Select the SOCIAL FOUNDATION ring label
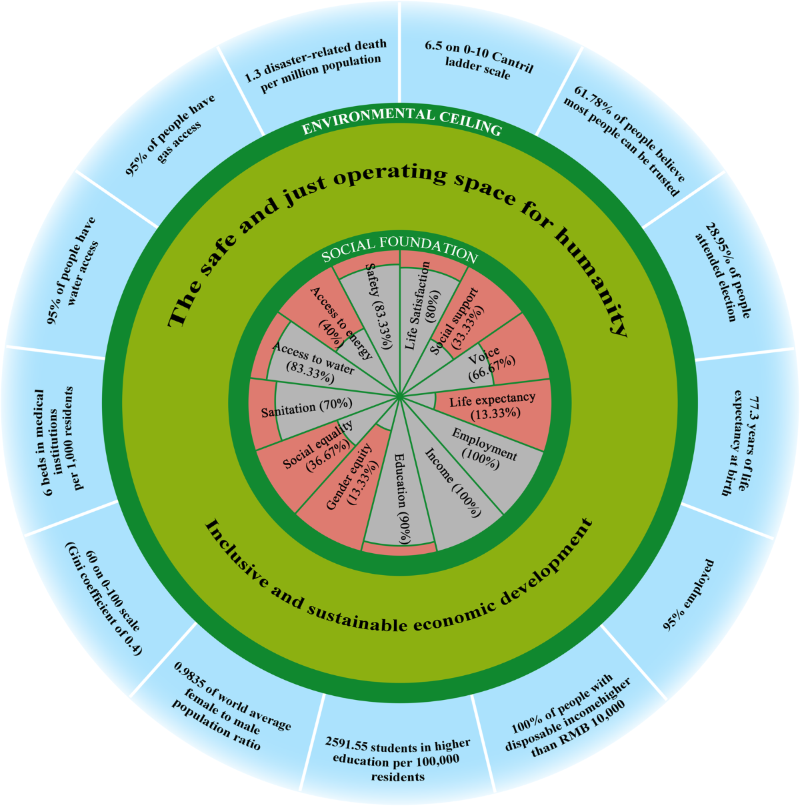point(399,248)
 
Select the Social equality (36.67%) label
point(319,449)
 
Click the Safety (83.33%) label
point(379,304)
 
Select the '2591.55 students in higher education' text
point(398,760)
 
